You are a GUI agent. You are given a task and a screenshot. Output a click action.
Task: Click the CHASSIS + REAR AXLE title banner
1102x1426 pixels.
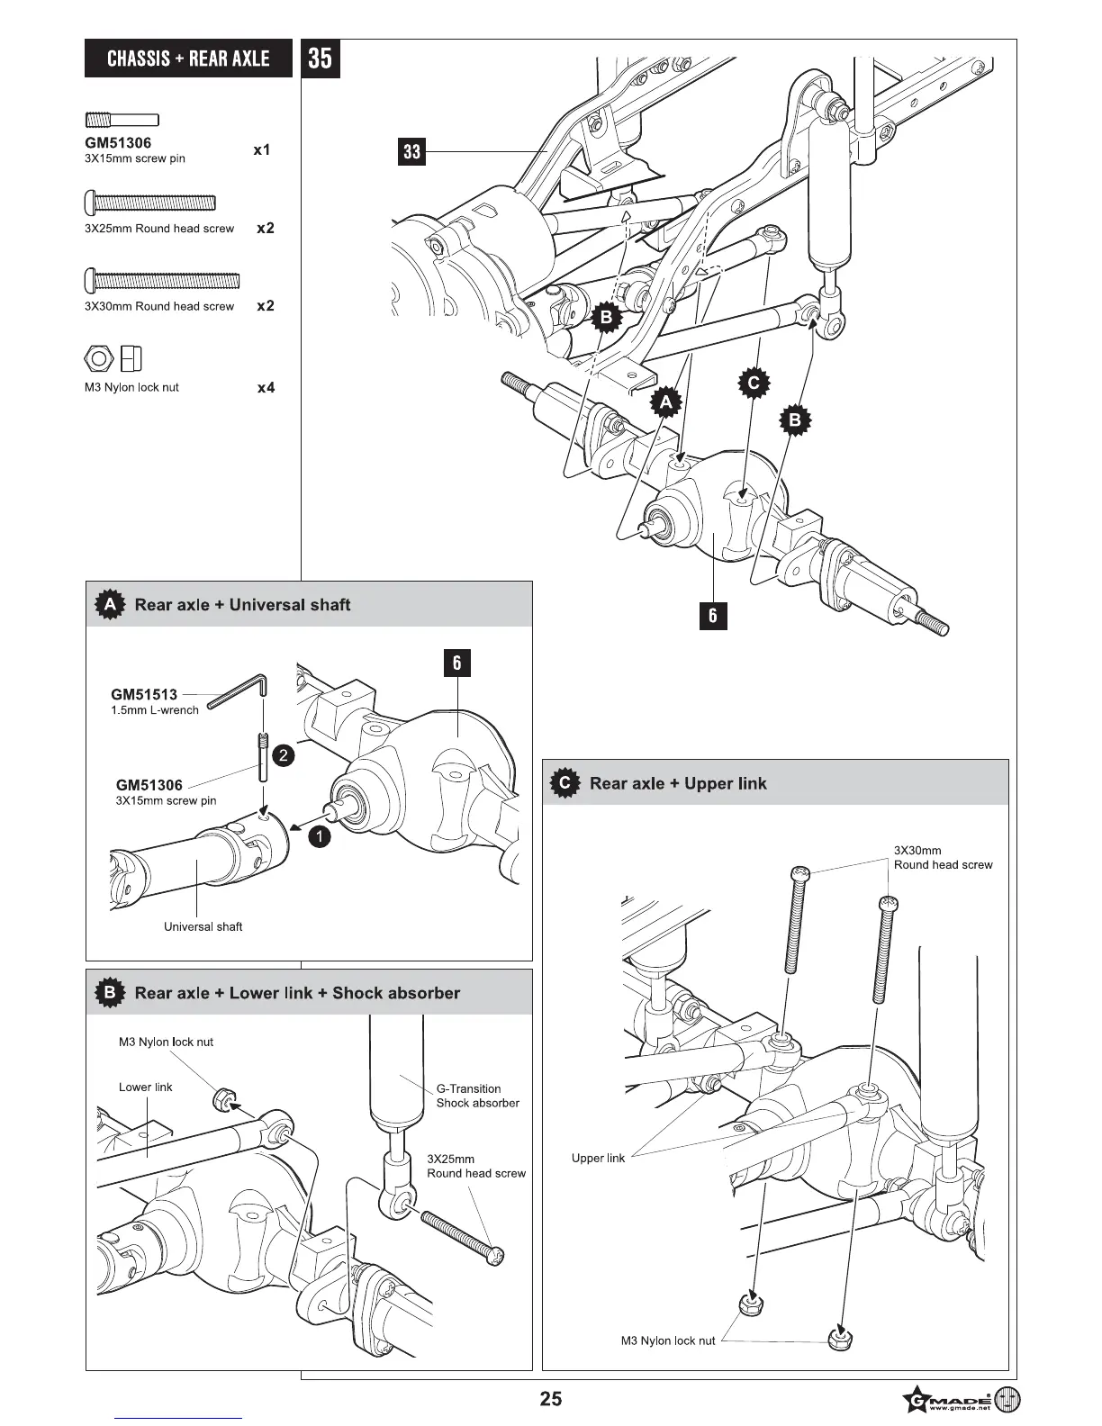pos(188,59)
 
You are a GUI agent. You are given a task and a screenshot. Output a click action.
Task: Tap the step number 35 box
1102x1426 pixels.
pos(320,59)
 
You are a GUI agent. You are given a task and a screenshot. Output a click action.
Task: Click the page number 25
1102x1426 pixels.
pos(550,1398)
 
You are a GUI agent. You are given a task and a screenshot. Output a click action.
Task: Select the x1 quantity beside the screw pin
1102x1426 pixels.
pos(261,150)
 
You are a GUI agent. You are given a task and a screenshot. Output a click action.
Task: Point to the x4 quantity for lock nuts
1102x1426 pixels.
pos(266,388)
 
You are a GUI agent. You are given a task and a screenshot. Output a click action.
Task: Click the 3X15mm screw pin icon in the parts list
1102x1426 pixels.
pos(122,120)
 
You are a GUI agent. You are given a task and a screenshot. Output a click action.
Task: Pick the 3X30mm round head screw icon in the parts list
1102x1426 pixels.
pos(162,280)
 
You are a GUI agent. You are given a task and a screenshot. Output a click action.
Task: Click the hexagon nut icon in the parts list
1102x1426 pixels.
pos(98,358)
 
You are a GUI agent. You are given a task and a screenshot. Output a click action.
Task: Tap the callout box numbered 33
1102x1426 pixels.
pos(411,151)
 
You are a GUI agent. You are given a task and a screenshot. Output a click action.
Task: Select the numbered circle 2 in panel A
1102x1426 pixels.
pos(283,755)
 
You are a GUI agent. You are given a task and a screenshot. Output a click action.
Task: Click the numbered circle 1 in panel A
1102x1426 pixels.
pos(319,836)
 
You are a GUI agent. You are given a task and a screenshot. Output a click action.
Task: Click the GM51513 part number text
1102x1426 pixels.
pos(144,694)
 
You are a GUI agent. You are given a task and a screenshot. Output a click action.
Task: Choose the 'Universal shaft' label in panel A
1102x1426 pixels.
pos(203,926)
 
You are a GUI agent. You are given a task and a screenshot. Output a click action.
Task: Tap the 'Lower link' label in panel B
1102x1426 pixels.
pos(145,1087)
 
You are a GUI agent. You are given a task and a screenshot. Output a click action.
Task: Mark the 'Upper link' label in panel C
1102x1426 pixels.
pos(598,1158)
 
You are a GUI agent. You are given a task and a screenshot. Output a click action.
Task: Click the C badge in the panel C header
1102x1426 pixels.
pos(565,783)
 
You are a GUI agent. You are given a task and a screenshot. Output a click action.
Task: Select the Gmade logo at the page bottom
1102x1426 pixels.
pos(961,1401)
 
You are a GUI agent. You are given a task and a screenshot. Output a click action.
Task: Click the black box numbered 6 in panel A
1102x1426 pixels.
pos(457,663)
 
